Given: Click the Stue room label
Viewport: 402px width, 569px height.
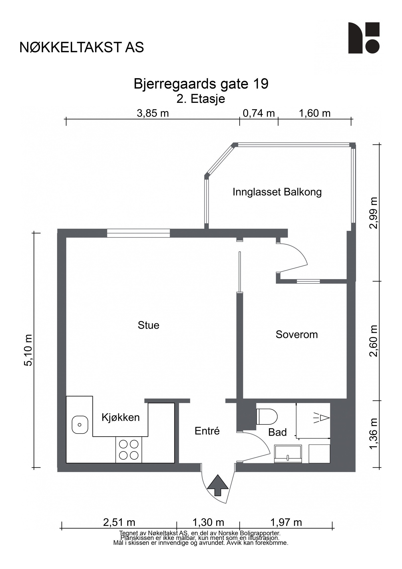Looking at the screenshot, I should (148, 325).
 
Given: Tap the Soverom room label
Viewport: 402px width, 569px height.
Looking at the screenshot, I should (296, 334).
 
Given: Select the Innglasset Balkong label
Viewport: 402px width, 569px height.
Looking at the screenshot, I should (277, 192).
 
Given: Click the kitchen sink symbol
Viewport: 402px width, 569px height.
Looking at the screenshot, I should (80, 425).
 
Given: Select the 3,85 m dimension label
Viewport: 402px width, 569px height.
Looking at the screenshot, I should (153, 113).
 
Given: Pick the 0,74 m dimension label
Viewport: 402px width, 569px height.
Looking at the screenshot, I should (259, 113).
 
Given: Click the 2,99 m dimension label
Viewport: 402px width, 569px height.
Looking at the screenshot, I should (373, 212).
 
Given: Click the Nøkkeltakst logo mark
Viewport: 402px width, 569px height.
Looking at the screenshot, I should (364, 38).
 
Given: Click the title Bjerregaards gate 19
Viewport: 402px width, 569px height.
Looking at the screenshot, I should (201, 84).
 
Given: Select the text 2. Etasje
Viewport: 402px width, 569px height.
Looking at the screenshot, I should (201, 99).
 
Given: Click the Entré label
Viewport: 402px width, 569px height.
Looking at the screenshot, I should (207, 431).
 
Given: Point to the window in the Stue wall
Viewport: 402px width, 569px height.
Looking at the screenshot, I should (138, 233).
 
